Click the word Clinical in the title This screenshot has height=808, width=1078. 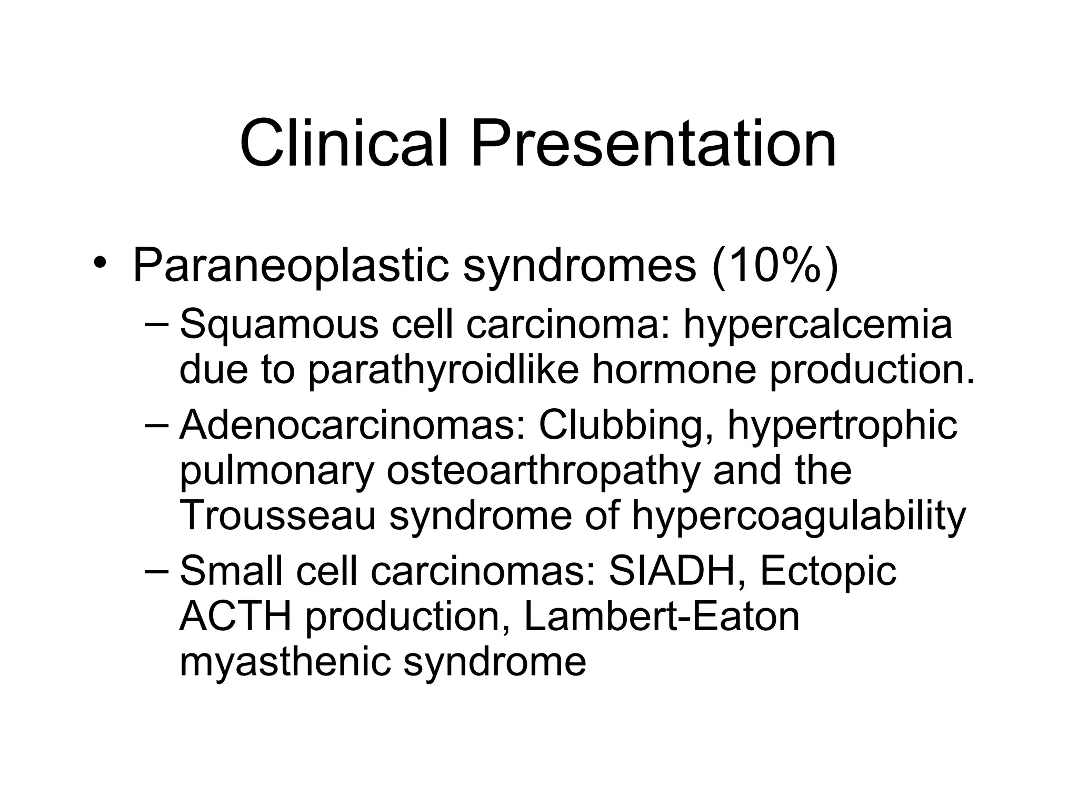(x=344, y=143)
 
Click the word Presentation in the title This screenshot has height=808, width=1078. (x=653, y=143)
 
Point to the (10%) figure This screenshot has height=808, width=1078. (x=774, y=266)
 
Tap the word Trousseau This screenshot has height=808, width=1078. (x=278, y=516)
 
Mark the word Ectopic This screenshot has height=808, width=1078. (x=828, y=572)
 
